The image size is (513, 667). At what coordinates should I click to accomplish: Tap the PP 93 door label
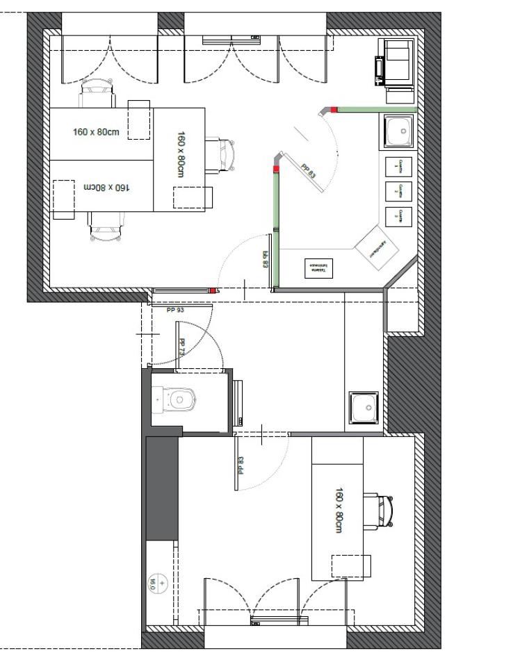pos(175,310)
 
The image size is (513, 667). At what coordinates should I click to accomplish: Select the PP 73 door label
pos(182,347)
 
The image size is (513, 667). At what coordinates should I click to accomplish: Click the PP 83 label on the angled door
pos(308,171)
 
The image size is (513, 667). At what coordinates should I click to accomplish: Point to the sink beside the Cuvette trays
pos(398,131)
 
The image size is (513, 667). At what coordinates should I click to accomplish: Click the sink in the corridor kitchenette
pos(364,407)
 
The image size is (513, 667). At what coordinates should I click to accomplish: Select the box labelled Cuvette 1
pos(398,167)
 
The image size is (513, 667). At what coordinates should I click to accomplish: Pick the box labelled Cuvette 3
pos(398,216)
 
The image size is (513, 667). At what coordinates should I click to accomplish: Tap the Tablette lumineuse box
pos(318,268)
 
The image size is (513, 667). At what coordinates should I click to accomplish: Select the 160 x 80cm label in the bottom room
pos(339,510)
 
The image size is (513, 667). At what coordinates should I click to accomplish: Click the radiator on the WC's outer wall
pos(239,402)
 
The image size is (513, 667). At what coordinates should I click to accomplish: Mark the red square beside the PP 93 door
pos(213,290)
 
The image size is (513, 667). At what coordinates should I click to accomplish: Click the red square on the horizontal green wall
pos(334,109)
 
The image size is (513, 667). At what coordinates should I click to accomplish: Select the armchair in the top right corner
pos(395,61)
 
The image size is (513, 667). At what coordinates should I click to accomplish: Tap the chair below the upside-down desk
pos(107,225)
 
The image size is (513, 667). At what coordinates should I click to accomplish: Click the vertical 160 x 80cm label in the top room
pos(181,154)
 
